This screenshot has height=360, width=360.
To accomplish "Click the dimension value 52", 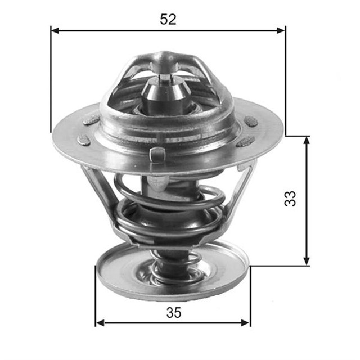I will click(168, 19).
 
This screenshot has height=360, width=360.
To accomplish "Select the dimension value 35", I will click(174, 313).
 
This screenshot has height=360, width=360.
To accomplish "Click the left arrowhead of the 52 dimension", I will click(55, 30).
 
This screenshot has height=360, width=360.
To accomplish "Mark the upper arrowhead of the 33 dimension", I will click(307, 139).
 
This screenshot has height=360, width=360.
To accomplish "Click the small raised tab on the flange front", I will click(157, 153).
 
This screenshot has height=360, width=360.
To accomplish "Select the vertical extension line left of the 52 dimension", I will click(51, 79).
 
